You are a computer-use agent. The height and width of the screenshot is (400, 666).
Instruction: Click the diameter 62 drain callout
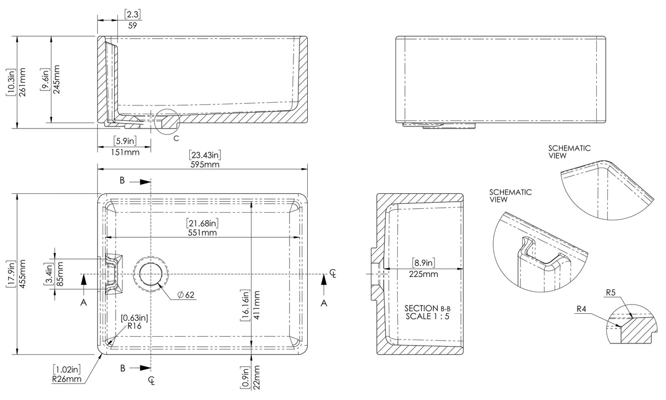pyautogui.click(x=186, y=295)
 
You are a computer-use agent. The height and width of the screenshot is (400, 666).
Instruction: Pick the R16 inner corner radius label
pyautogui.click(x=134, y=325)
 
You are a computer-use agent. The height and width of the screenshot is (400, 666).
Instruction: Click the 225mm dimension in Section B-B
pyautogui.click(x=423, y=273)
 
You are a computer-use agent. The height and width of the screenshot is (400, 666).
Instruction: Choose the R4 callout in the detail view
pyautogui.click(x=582, y=309)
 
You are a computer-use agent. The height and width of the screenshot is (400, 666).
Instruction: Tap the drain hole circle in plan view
pyautogui.click(x=152, y=274)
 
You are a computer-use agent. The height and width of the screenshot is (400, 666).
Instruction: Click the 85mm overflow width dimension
pyautogui.click(x=60, y=273)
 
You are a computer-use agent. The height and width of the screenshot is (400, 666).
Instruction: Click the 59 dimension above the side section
pyautogui.click(x=132, y=25)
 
